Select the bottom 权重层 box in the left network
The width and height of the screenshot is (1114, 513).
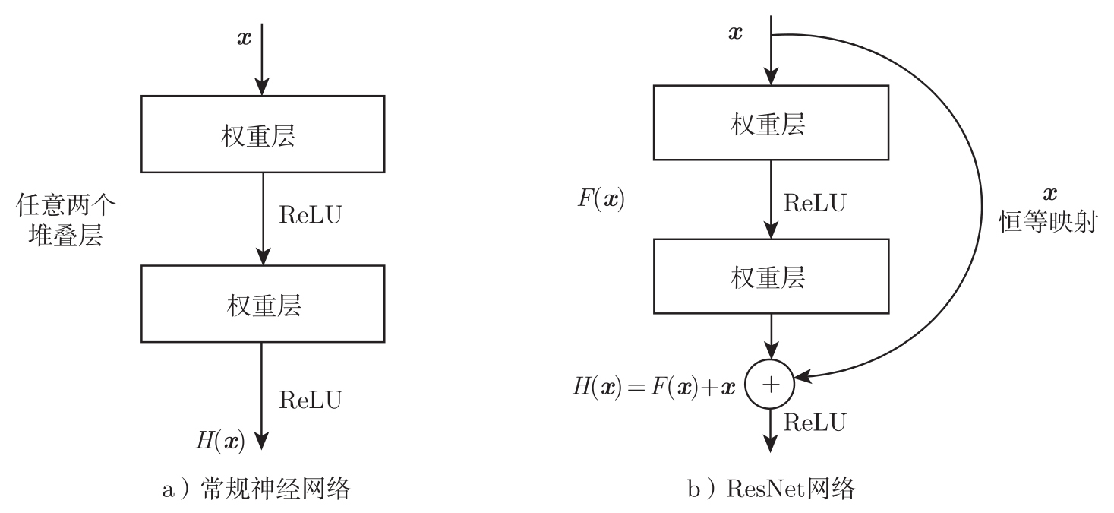point(261,306)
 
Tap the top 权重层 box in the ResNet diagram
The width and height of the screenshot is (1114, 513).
point(771,124)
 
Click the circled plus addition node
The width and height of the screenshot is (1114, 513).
point(771,385)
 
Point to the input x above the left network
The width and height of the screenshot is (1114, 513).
point(244,38)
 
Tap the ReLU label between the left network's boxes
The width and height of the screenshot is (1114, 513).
point(311,214)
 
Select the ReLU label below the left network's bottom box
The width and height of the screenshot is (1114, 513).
point(311,398)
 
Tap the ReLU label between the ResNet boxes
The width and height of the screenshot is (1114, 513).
point(815,202)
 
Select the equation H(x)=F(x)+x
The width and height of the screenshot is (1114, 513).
point(655,385)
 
